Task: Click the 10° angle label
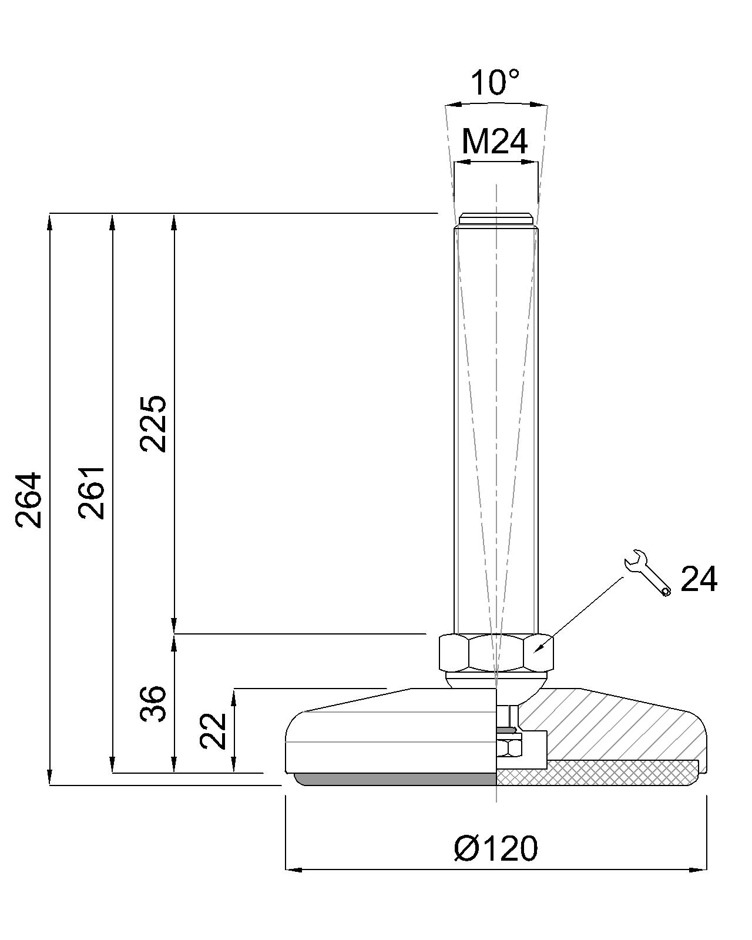coord(495,82)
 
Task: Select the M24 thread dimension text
coord(495,142)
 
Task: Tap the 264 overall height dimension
coord(29,500)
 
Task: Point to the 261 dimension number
coord(92,492)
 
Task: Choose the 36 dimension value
coord(153,703)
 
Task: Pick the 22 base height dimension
coord(213,731)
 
